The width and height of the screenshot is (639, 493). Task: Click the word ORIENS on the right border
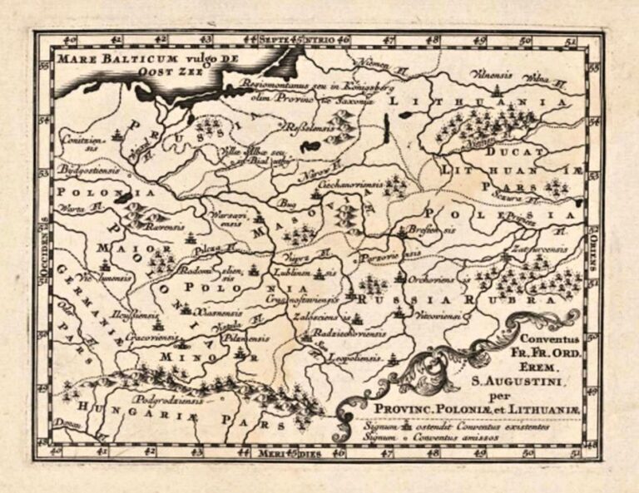coord(593,249)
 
